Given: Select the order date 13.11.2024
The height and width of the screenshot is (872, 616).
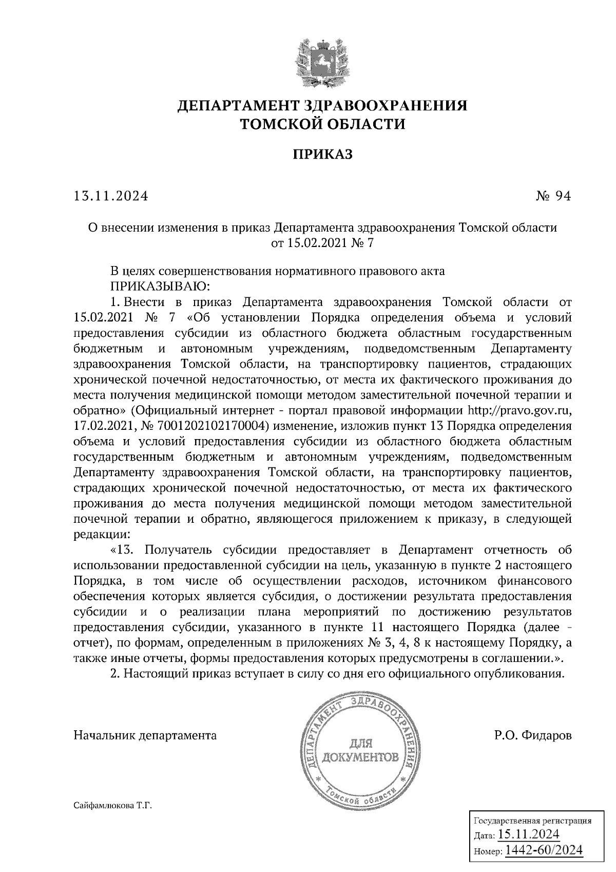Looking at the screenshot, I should (x=111, y=196).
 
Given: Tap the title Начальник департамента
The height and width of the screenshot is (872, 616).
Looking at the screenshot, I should (x=145, y=735).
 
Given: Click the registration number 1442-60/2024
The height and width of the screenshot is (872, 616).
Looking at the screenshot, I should (x=544, y=851).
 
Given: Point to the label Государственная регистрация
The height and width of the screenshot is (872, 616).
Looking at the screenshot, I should (x=532, y=821).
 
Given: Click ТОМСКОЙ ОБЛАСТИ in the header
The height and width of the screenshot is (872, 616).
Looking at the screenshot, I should (x=323, y=124).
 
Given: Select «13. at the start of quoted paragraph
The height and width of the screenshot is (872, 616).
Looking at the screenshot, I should (x=122, y=551).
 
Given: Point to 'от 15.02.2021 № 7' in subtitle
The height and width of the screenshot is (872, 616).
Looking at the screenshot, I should (x=323, y=242).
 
